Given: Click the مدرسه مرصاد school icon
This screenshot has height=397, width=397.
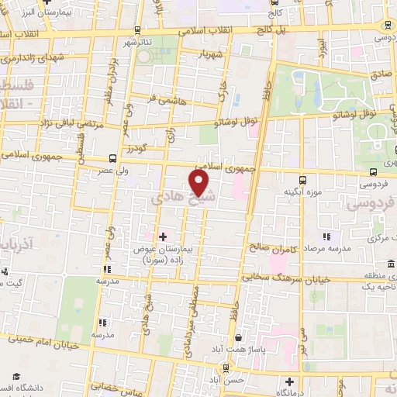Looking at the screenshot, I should pyautogui.click(x=326, y=236).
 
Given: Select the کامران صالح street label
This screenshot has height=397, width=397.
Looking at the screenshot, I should pyautogui.click(x=274, y=247).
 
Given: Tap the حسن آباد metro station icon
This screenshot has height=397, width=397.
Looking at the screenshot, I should pyautogui.click(x=225, y=368).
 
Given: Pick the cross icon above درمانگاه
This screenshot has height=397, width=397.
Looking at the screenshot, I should pyautogui.click(x=289, y=381).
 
